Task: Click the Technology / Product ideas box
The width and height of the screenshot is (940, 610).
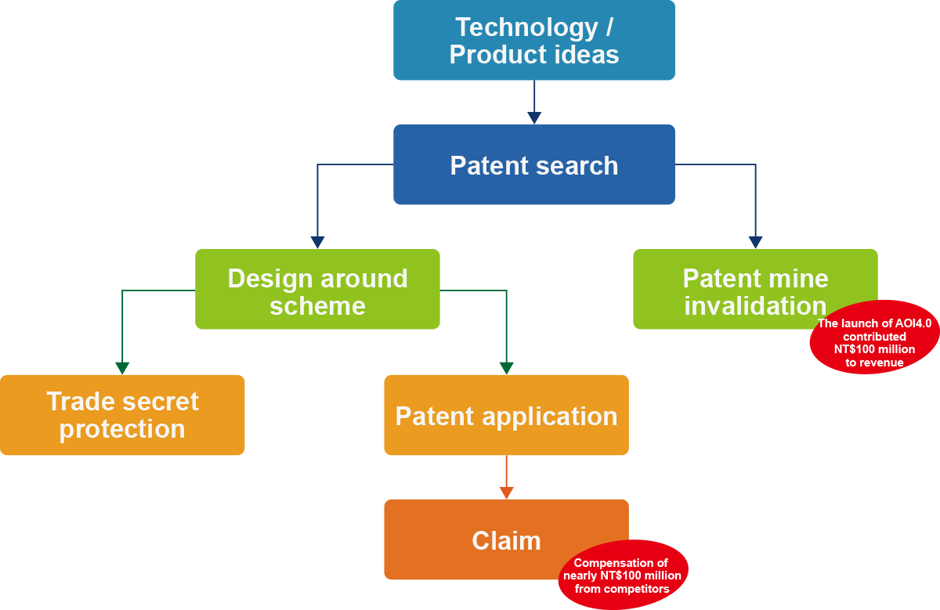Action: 533,40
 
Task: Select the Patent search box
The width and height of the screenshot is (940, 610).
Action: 533,164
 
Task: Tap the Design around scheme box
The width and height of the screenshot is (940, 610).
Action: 317,289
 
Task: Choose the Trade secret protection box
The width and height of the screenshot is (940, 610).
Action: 122,415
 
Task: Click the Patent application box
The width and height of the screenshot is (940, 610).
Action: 506,415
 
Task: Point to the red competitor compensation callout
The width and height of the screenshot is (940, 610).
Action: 622,576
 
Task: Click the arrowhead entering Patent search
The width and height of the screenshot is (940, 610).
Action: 534,117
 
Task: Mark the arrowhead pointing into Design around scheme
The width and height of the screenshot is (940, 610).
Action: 317,242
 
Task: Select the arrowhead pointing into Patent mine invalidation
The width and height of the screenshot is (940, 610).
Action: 755,242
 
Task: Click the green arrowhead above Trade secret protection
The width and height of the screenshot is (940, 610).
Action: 122,367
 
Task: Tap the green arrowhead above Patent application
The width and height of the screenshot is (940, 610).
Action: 506,367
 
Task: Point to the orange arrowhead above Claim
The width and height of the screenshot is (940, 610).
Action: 506,492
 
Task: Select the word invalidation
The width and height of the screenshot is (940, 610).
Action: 755,305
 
